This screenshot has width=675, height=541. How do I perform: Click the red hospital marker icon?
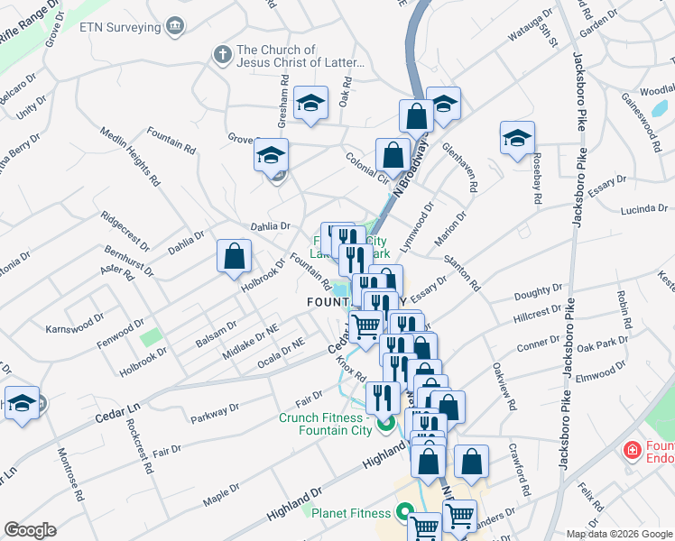633,448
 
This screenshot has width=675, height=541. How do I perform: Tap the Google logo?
30,530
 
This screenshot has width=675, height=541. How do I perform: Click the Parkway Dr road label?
215,413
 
